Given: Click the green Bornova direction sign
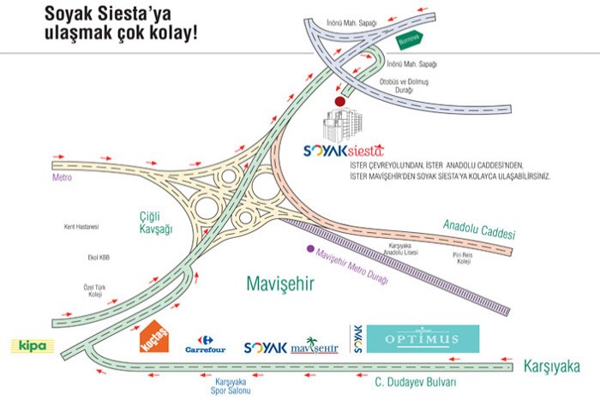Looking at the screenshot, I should [410, 39].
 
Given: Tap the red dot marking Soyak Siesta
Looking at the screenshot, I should [339, 101].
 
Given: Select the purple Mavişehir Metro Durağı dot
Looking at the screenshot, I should [310, 249].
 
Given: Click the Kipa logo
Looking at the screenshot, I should [33, 346].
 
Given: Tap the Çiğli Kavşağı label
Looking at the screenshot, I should [157, 223].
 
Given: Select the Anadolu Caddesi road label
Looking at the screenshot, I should [479, 229].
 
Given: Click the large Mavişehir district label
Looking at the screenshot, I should [279, 283].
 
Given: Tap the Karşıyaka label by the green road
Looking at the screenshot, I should [553, 367].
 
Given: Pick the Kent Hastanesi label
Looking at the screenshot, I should [82, 227].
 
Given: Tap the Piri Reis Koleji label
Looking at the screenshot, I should [463, 259].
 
